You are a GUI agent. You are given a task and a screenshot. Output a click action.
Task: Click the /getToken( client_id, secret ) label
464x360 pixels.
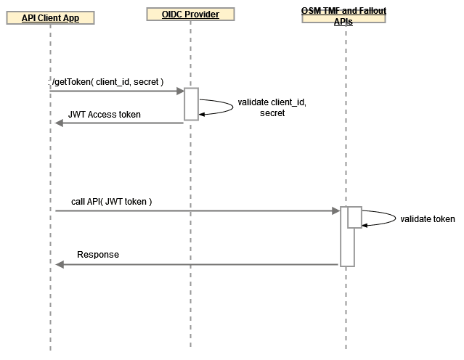(107, 83)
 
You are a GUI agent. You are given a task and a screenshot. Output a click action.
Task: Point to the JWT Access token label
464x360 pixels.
(105, 115)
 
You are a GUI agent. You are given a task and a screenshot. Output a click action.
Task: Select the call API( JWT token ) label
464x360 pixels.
(111, 201)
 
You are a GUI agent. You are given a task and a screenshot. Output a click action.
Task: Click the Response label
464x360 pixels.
(98, 255)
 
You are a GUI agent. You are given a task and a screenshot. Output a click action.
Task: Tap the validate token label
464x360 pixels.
(428, 218)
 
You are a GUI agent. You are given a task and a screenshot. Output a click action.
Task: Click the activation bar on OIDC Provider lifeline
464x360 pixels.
(191, 104)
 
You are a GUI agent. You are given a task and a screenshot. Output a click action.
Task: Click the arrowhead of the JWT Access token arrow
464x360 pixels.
(60, 123)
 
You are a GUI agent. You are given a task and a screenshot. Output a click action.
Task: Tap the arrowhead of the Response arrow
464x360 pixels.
(60, 264)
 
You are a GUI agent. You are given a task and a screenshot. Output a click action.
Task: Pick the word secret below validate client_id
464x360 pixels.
(272, 113)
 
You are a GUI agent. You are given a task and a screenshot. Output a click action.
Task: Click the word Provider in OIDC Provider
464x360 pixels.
(203, 14)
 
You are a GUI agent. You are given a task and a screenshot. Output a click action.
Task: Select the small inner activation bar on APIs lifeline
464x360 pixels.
(354, 217)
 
